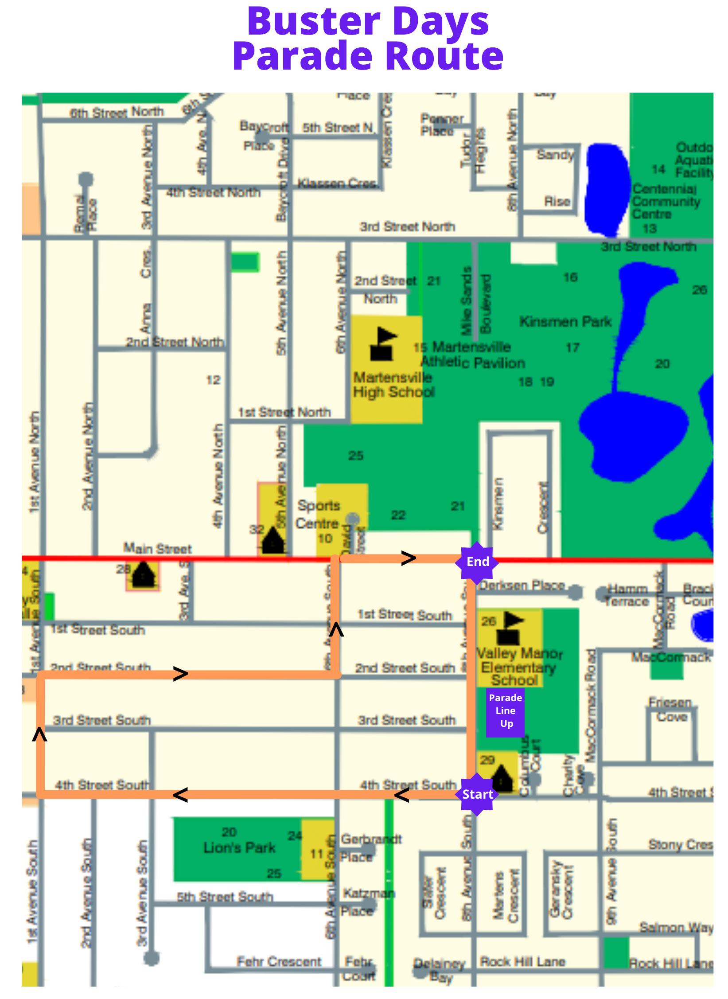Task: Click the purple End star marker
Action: pos(477,562)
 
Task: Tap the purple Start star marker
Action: pos(477,794)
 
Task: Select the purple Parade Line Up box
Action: pos(505,710)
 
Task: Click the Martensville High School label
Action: pos(393,385)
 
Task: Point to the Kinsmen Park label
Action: pos(565,321)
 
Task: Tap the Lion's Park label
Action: pos(239,848)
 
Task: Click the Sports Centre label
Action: pos(318,514)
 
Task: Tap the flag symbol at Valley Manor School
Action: pos(509,628)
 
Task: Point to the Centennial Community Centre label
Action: pos(666,202)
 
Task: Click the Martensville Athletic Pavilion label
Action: pos(472,355)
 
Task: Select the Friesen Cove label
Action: pos(670,710)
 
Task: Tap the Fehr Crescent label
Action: pos(279,961)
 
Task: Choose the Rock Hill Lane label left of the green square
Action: pos(523,961)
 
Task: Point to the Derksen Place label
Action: pos(522,585)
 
